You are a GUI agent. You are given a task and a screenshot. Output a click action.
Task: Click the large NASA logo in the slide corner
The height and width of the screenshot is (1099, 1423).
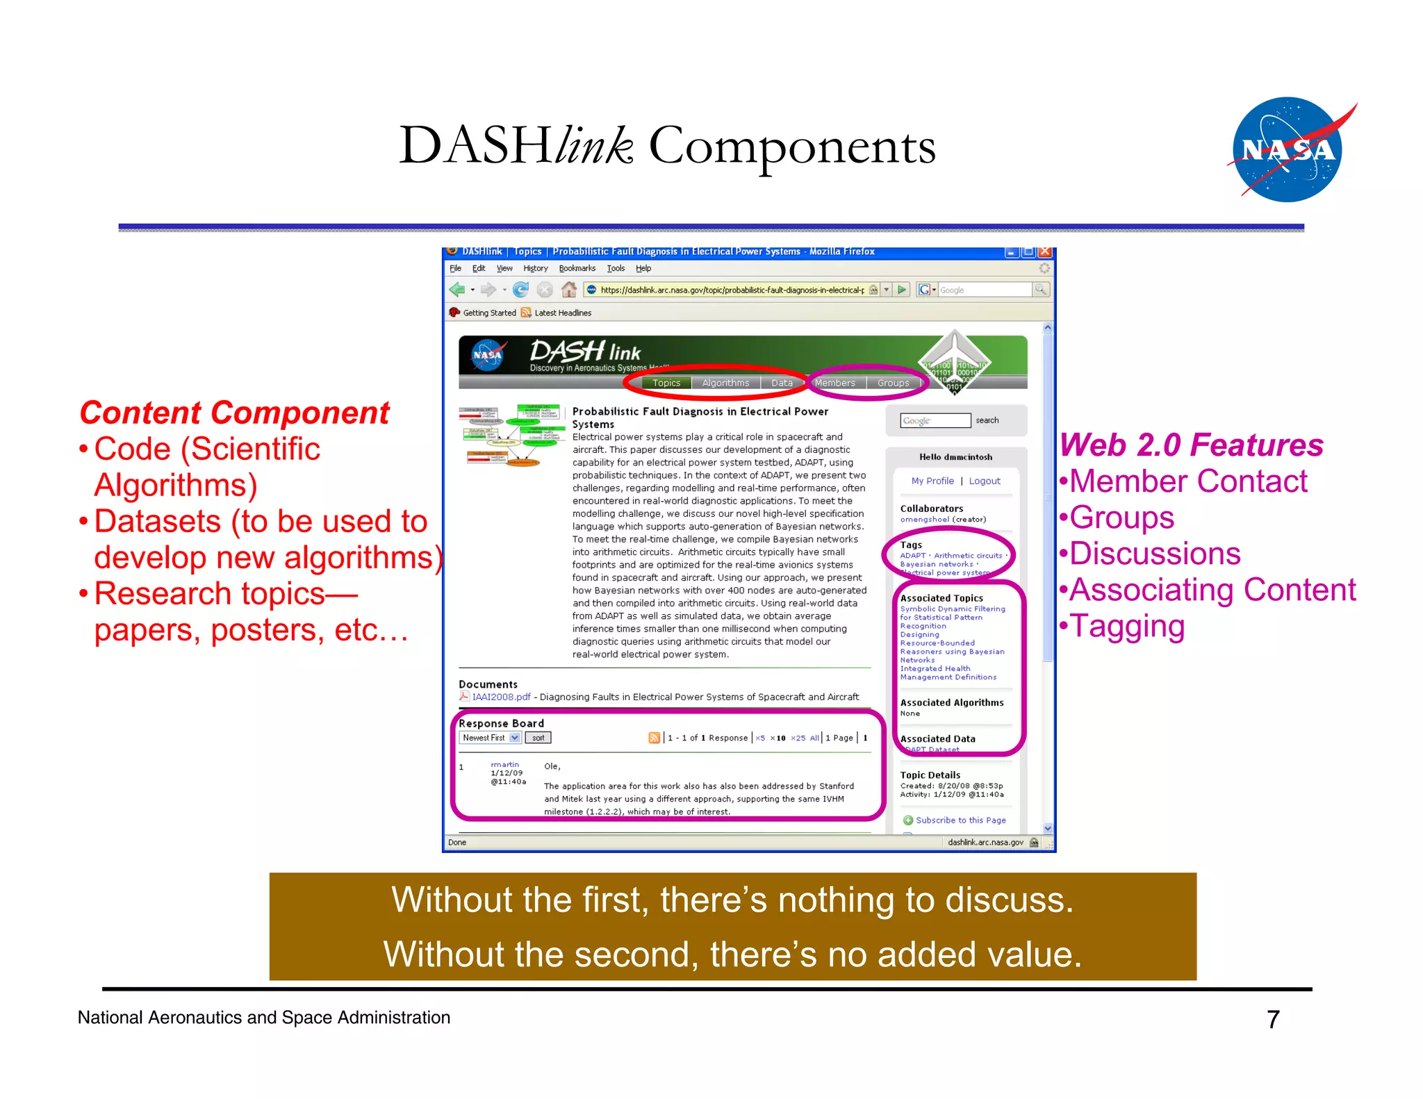[1287, 149]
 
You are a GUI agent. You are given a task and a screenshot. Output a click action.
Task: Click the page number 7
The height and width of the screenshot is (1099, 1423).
[1272, 1019]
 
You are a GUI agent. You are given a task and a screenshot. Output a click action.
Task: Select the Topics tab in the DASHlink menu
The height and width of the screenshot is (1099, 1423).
[666, 383]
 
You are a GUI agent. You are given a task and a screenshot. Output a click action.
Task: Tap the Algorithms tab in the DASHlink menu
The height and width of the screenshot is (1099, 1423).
[725, 383]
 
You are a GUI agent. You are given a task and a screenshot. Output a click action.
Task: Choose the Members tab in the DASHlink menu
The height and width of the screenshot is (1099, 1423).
[834, 383]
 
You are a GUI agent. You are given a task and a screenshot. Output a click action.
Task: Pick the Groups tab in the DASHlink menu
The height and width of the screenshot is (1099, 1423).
[893, 383]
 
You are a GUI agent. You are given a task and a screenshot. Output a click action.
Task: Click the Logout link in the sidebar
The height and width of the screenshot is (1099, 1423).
[985, 481]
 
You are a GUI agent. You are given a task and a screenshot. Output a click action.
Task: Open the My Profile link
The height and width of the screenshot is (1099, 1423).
[932, 481]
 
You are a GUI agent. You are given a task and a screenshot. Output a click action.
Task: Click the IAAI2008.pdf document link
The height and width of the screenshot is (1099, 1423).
[500, 697]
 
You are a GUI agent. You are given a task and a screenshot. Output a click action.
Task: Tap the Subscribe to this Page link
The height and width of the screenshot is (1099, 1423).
[960, 820]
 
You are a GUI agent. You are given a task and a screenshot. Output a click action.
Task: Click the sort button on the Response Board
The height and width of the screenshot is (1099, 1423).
[538, 738]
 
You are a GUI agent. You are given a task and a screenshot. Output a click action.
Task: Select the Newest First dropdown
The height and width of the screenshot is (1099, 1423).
[491, 738]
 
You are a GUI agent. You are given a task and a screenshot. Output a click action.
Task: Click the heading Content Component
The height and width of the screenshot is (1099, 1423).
[234, 413]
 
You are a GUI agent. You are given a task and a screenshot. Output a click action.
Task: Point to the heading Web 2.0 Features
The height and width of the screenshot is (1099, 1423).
[1191, 445]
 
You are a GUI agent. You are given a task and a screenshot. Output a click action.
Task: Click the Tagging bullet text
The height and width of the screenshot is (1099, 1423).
[1127, 626]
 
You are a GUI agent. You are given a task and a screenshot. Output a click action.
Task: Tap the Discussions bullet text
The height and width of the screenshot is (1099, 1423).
[1155, 554]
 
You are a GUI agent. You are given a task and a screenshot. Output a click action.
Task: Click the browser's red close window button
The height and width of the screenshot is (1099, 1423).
[1044, 252]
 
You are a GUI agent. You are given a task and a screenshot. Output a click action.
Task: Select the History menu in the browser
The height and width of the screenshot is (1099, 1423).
[535, 268]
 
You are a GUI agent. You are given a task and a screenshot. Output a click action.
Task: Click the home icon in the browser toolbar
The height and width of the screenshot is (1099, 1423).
[568, 290]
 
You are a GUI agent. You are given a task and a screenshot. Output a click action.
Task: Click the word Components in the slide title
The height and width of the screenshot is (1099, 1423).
[791, 147]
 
